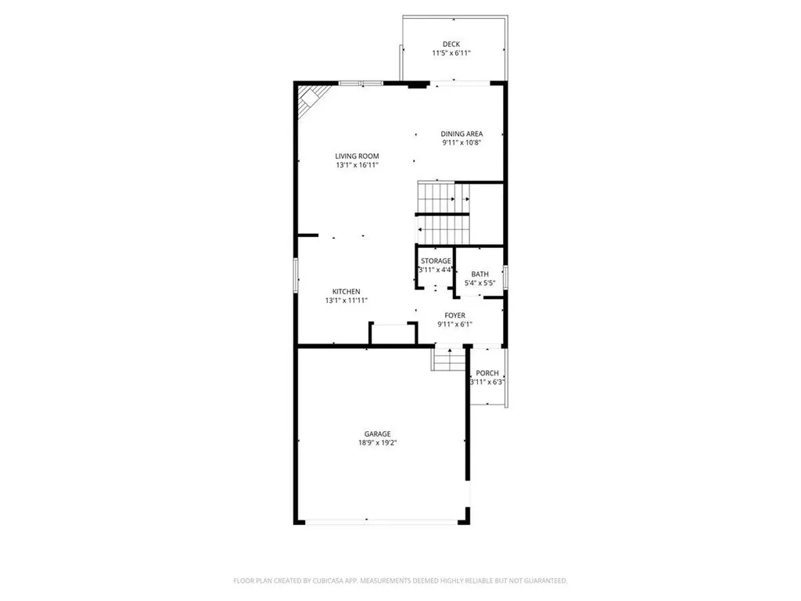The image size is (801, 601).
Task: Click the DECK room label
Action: pos(451,44)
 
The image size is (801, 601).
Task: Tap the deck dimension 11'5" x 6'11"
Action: pos(451,53)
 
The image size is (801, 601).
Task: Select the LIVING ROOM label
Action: pos(357,157)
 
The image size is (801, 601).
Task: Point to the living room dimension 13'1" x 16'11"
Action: pos(357,166)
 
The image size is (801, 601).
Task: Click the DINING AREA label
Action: pos(462,134)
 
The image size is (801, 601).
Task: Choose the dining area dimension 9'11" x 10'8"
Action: pos(462,143)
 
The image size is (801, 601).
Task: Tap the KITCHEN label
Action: pos(346,292)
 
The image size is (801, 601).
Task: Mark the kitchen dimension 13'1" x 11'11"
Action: pos(346,300)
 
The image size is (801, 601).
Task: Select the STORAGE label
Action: pos(436,261)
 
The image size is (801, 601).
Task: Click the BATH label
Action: pos(480,274)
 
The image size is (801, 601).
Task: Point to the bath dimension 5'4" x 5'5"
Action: pos(480,283)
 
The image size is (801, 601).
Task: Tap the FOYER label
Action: pos(455,315)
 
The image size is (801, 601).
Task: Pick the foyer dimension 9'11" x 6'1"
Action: pos(455,324)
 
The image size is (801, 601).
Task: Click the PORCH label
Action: pos(487,373)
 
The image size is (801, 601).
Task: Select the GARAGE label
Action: pos(377,434)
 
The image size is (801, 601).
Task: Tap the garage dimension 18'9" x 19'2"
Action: pos(377,443)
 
